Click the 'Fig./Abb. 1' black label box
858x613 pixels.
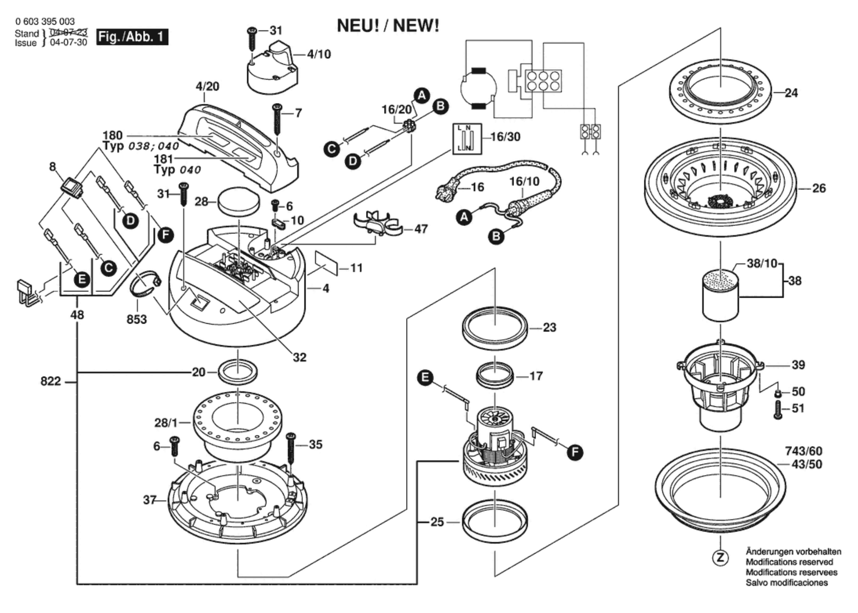pos(132,37)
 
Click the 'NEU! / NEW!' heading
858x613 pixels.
pos(388,26)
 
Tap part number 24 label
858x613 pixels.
pos(791,93)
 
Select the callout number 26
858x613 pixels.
pos(818,188)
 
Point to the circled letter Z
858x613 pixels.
pos(720,558)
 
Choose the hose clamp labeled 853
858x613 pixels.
pos(144,284)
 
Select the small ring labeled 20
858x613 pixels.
pos(238,372)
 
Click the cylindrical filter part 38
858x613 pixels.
pos(721,296)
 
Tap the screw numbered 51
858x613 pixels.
pos(778,410)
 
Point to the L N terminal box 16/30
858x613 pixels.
pos(467,139)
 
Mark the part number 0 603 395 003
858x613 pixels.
pos(44,21)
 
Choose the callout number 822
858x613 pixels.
pos(51,381)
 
